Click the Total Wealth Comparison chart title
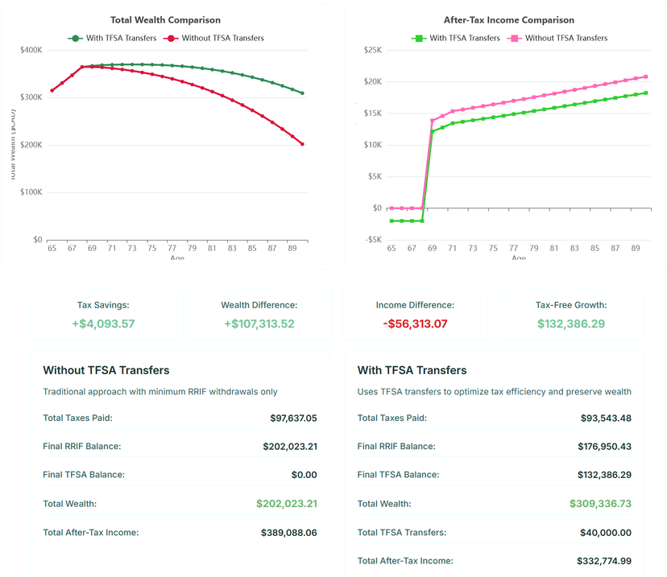165,20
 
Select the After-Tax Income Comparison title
509,20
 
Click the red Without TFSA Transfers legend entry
214,38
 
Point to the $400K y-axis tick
31,50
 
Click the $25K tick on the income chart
371,50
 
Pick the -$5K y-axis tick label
372,240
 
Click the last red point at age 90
303,144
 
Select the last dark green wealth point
303,93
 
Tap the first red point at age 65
52,90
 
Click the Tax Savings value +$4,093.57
103,324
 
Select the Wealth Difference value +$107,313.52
259,324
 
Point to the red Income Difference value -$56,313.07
415,324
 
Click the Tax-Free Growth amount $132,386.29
571,324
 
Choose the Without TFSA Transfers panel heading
106,371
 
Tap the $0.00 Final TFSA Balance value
304,475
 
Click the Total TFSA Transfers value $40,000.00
605,533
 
